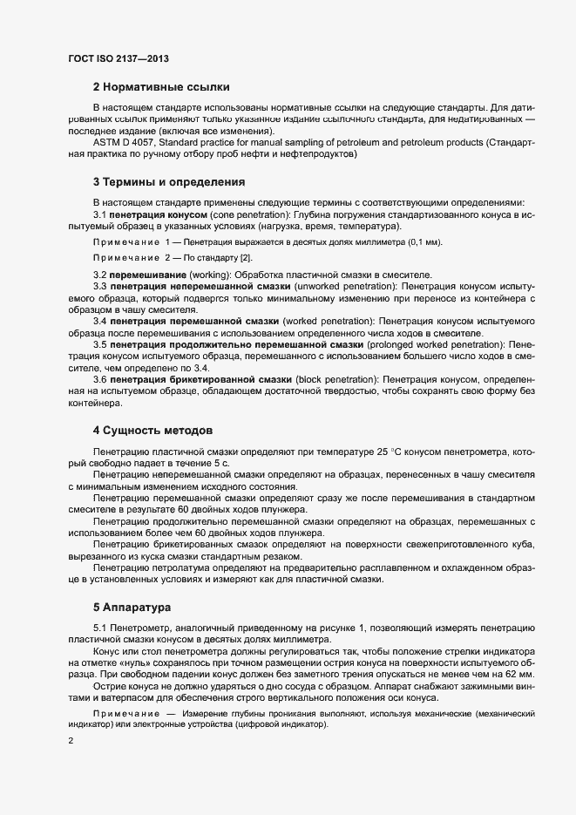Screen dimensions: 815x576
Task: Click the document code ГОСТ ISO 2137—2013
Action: coord(118,58)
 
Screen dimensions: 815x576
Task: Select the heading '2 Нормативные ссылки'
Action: coord(161,87)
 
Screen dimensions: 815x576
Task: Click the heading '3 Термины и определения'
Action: coord(168,182)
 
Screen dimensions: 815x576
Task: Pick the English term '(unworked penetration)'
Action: coord(347,286)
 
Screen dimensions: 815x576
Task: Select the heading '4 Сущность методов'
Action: coord(152,431)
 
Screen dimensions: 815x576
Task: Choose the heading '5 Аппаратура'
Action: coord(132,605)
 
